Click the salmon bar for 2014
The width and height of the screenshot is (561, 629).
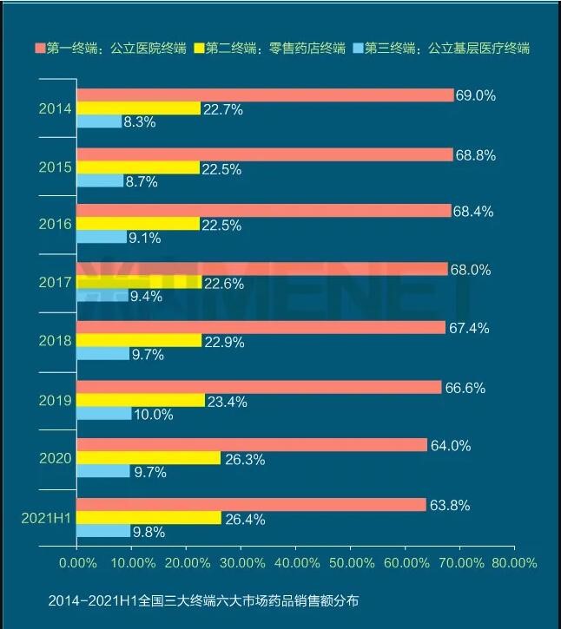[265, 95]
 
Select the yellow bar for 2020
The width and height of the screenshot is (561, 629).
[148, 458]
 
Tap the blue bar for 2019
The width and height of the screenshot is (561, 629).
[104, 414]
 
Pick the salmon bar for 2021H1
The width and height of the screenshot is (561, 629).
[251, 505]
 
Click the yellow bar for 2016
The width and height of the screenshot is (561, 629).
[138, 224]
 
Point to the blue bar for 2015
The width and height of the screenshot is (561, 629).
[100, 181]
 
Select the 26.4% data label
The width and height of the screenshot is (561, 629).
[244, 520]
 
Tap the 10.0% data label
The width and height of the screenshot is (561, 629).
[155, 415]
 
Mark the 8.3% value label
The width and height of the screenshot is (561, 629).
[140, 122]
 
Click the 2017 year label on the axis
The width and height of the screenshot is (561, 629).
[55, 282]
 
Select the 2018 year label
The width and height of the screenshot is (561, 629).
[55, 341]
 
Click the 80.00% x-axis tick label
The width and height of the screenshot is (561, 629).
[514, 563]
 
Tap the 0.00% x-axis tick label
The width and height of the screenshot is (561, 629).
[76, 563]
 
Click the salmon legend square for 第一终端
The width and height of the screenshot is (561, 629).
[39, 47]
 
